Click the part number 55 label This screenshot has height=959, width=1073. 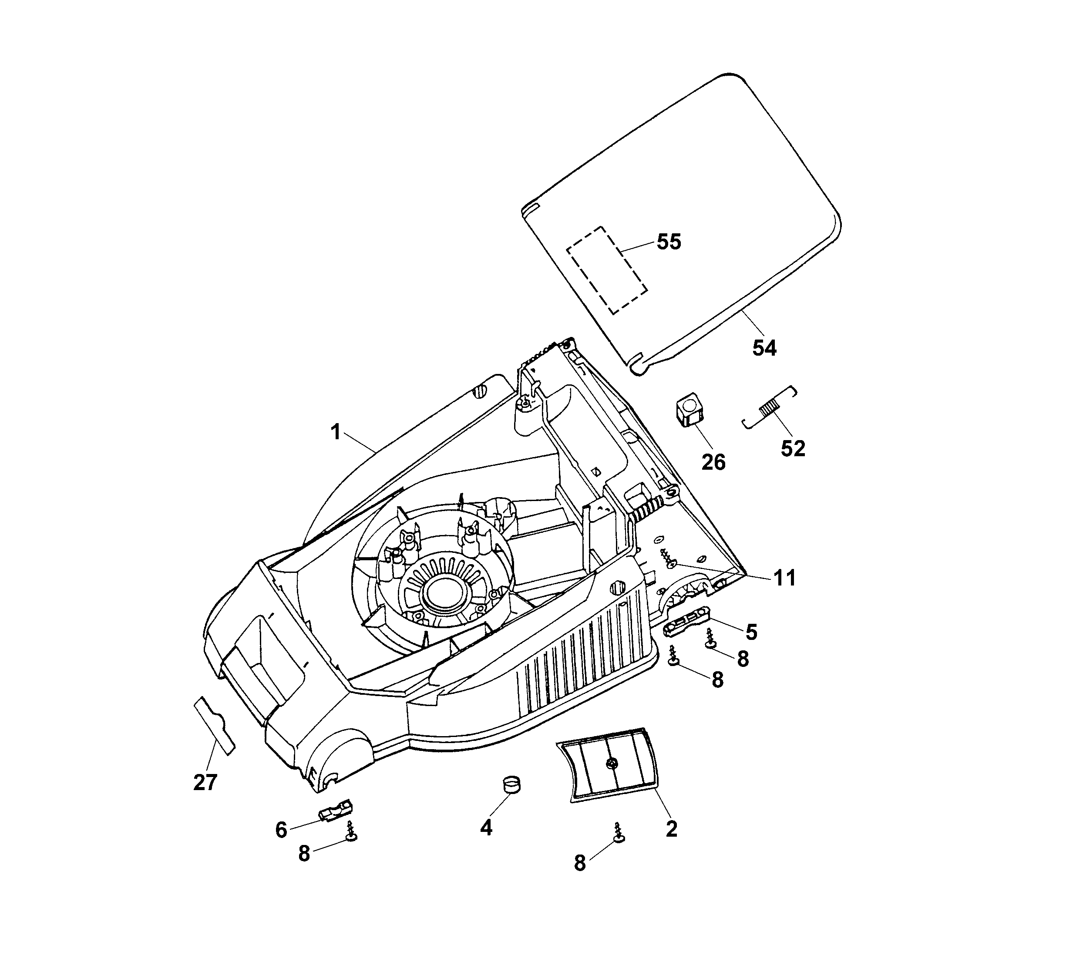[669, 242]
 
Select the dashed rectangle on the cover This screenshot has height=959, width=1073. [607, 270]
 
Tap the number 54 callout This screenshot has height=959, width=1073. [764, 348]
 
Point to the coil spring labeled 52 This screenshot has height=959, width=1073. [770, 408]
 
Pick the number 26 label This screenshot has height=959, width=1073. [713, 462]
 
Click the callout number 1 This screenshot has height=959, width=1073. [336, 432]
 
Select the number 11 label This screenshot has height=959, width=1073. [784, 578]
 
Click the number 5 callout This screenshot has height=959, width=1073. [751, 632]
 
